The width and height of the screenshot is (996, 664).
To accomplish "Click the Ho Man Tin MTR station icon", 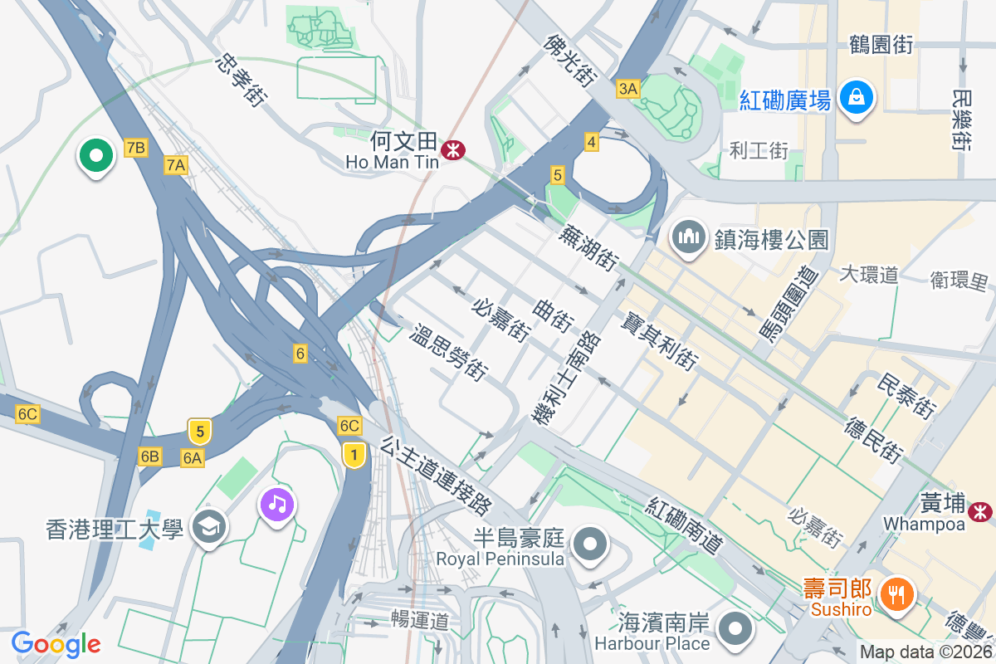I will [x=453, y=150].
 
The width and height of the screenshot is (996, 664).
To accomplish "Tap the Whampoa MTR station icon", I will [x=982, y=510].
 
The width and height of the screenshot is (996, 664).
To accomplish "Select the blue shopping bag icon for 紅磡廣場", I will [x=854, y=98].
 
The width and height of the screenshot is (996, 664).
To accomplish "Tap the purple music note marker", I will [x=278, y=503].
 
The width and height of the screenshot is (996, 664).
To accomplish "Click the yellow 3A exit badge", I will [x=628, y=89].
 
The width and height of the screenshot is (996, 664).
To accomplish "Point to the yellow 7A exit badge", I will [x=175, y=165].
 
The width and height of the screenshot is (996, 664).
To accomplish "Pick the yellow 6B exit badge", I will [x=150, y=456].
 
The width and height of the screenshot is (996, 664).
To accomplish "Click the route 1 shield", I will [x=354, y=454].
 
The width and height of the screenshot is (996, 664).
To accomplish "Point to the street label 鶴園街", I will [x=881, y=45].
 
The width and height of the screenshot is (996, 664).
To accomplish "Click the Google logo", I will [x=56, y=643].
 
